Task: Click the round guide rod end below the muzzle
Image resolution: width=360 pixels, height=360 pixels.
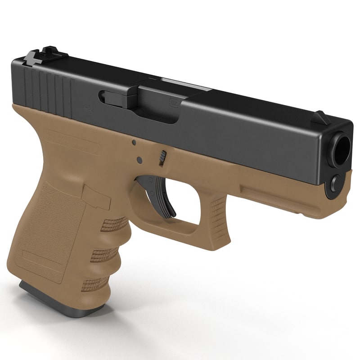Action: click(335, 184)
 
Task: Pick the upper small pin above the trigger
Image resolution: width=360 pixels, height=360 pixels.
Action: click(134, 143)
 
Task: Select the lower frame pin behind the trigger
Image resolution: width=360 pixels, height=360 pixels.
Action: click(139, 160)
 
